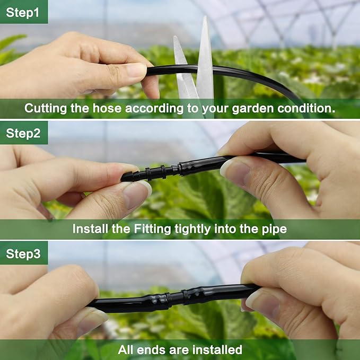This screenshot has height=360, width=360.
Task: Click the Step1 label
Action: coord(23,12)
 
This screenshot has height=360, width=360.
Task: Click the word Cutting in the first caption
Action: coord(47,109)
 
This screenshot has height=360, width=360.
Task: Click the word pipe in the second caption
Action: coord(275,229)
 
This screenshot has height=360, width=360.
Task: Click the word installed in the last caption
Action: coord(217,349)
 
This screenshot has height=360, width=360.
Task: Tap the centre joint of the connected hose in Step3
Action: coord(173,298)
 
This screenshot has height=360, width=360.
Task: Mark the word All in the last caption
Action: coord(126,349)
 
